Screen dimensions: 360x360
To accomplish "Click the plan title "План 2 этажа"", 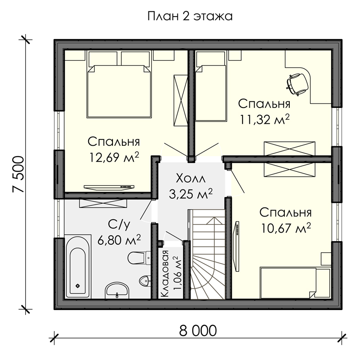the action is [x=190, y=17].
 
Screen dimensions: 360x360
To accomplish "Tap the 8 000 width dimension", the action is [x=198, y=331].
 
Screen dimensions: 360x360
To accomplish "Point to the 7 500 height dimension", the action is [x=18, y=174].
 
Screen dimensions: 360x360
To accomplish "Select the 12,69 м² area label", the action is [x=114, y=157].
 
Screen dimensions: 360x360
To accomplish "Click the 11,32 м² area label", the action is [x=265, y=119].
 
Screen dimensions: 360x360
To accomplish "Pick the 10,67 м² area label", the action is [x=286, y=228].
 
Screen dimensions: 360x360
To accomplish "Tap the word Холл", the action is [x=191, y=179].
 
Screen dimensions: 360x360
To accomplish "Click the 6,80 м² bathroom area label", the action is [x=119, y=240].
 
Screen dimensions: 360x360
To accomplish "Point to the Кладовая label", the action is [x=165, y=274].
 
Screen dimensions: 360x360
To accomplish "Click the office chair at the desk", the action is [x=297, y=84].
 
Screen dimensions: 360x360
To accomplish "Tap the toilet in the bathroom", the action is [x=139, y=258].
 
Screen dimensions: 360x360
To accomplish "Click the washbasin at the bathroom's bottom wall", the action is [x=117, y=290].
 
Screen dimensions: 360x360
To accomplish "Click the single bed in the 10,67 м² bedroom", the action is [x=296, y=283].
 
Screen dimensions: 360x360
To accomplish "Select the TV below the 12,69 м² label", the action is [x=109, y=187].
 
